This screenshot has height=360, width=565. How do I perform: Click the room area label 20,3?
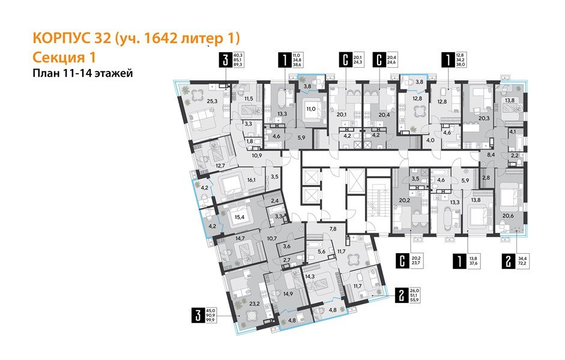[x=484, y=118]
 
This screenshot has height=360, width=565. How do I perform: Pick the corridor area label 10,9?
[x=256, y=155]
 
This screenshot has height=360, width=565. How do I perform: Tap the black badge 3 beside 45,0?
[x=195, y=315]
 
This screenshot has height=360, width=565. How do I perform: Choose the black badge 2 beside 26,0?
[x=401, y=294]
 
